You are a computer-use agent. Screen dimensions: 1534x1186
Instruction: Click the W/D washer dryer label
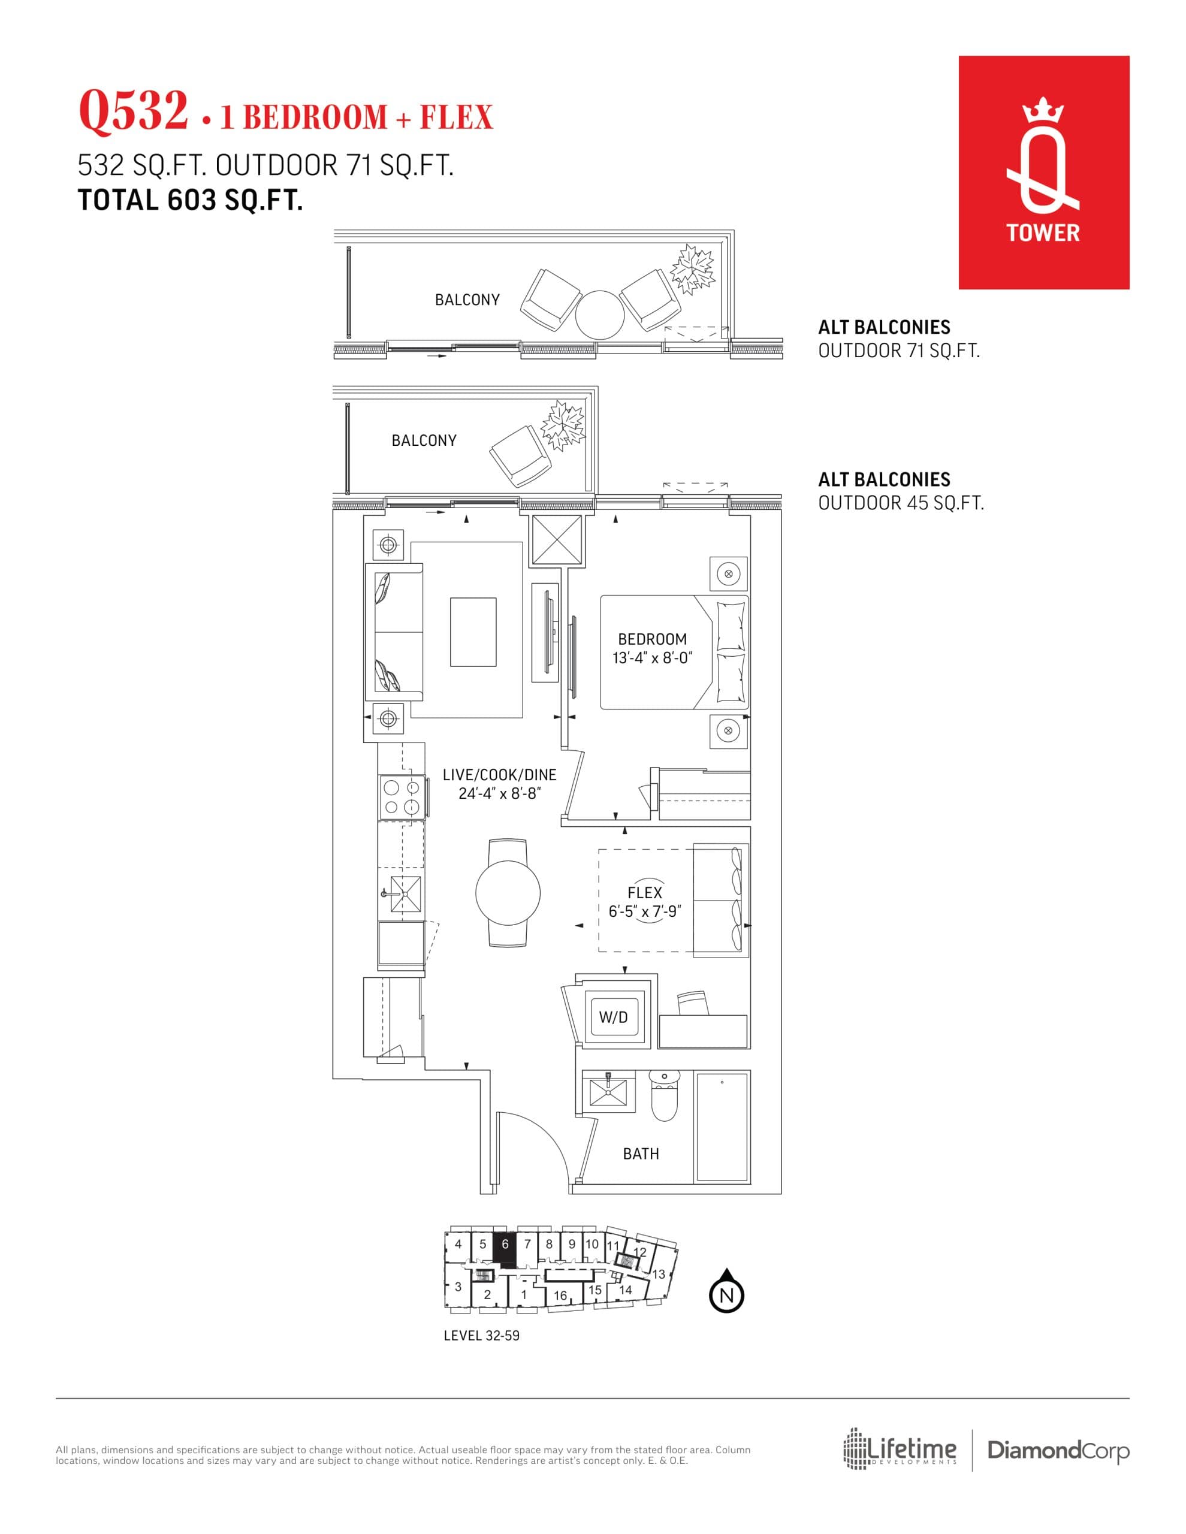point(612,1017)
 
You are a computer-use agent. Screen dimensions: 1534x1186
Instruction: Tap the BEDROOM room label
point(652,639)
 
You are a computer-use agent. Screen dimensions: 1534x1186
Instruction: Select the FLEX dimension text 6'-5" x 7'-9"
point(644,911)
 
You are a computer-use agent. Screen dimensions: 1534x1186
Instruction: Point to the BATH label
point(641,1153)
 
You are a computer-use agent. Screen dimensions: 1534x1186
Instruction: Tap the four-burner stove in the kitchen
point(402,797)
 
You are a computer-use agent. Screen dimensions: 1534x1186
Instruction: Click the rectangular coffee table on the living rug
point(473,632)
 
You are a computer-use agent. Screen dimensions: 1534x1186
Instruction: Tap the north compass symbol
point(726,1294)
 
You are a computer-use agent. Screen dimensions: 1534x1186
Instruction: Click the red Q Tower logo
point(1043,172)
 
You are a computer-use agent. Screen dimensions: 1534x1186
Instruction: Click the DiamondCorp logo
point(1058,1450)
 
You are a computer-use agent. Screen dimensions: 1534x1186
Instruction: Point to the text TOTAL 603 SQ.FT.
point(191,201)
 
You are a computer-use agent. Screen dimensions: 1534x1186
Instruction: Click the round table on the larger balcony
point(599,315)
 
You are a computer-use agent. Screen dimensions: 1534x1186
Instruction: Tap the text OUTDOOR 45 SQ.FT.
point(901,503)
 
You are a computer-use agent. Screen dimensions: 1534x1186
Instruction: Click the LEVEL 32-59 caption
point(481,1335)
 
